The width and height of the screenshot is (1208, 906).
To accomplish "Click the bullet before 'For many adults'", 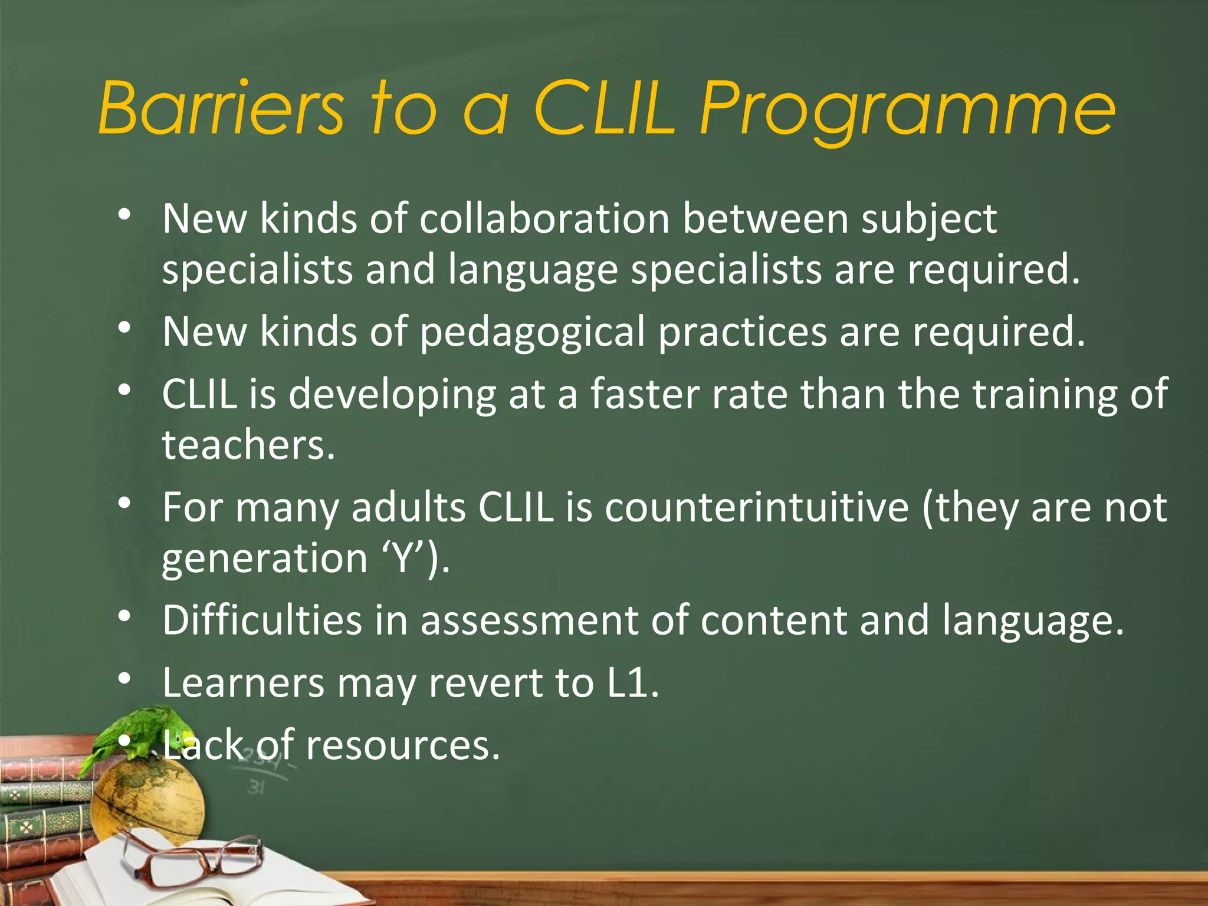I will click(x=124, y=503).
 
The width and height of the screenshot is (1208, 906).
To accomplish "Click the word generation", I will click(x=265, y=558).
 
